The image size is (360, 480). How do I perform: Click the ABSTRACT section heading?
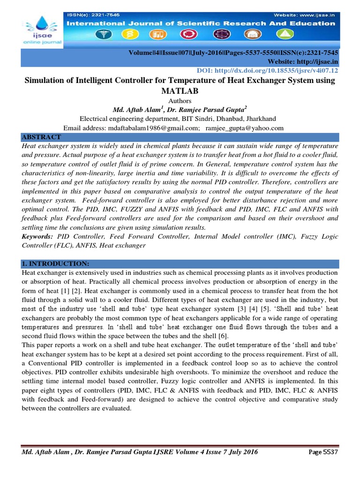click(41, 137)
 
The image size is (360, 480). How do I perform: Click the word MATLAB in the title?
click(180, 90)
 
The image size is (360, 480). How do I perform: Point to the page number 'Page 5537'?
click(323, 452)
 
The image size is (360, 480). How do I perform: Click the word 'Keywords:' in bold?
click(37, 237)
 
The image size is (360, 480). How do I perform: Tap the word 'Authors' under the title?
click(180, 100)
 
